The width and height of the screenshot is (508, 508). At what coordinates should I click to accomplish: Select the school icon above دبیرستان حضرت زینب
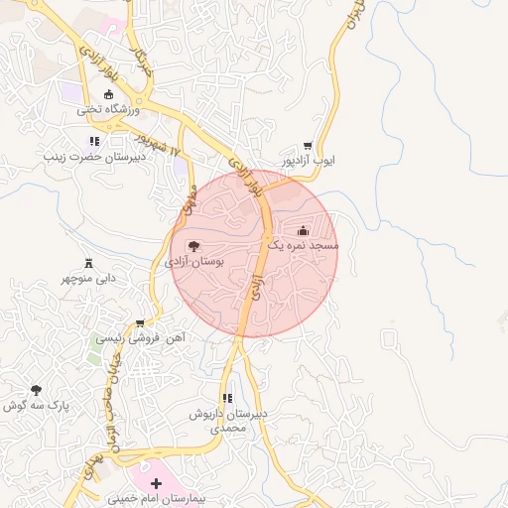coord(94,142)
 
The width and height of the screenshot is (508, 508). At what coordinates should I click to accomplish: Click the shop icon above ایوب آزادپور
coord(308,146)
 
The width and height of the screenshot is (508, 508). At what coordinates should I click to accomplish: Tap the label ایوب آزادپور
coord(309,160)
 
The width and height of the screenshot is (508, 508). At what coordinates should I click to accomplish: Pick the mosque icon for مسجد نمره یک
coord(303,230)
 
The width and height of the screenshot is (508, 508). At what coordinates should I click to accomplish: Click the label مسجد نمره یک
coord(303,244)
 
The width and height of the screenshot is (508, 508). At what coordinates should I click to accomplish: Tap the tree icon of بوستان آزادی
coord(193,245)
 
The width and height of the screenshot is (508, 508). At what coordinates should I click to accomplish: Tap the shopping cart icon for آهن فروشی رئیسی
coord(140,322)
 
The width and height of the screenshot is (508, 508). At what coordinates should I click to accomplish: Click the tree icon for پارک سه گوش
coord(37,390)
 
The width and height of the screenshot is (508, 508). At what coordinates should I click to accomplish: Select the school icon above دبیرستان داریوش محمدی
coord(227,399)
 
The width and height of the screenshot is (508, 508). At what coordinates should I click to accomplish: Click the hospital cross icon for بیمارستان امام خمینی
coord(156,483)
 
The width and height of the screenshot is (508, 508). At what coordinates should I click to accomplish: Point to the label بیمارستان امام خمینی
coord(155,498)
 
